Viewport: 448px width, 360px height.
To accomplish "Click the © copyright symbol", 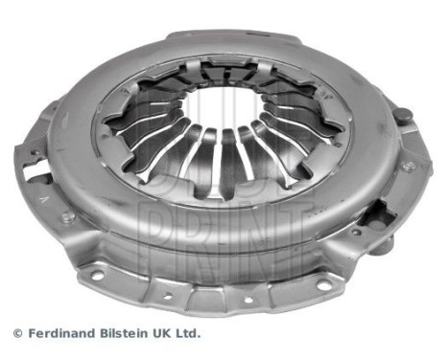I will coord(16,334).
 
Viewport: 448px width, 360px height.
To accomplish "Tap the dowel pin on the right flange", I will coord(404,116).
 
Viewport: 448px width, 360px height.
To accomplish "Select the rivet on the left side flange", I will coord(68,216).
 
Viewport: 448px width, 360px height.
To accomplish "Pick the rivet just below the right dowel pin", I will coord(408,165).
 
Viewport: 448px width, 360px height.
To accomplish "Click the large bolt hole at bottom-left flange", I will coord(96,276).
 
